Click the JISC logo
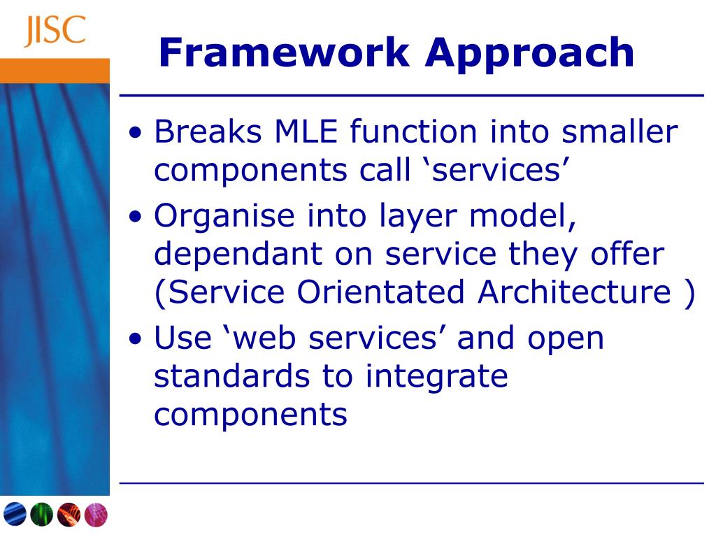click(x=55, y=31)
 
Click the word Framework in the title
click(x=284, y=52)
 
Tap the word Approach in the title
click(x=530, y=55)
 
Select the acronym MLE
click(x=306, y=131)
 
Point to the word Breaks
click(x=208, y=131)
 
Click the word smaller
click(x=620, y=131)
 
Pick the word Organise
click(x=224, y=216)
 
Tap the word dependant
click(x=238, y=254)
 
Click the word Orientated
click(x=381, y=292)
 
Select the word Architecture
click(x=575, y=292)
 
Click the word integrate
click(x=436, y=377)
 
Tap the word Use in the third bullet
click(x=182, y=338)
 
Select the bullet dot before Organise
click(x=136, y=217)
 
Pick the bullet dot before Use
click(x=136, y=339)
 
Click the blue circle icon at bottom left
click(x=15, y=514)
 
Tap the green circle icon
click(x=41, y=514)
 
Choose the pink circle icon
click(x=96, y=515)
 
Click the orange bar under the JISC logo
click(x=55, y=71)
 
